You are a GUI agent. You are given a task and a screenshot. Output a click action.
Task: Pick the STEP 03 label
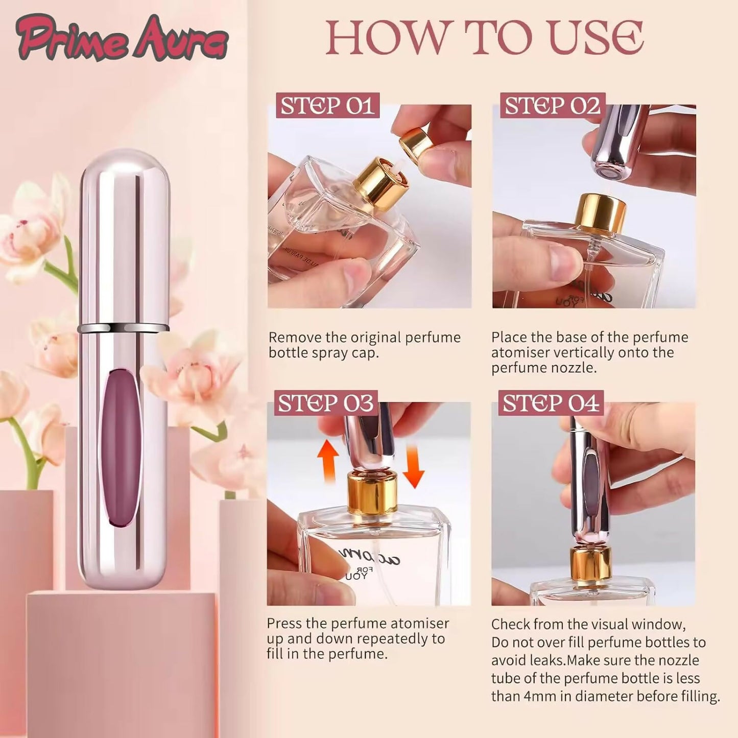pyautogui.click(x=326, y=403)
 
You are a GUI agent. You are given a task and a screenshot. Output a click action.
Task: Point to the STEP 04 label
pyautogui.click(x=551, y=403)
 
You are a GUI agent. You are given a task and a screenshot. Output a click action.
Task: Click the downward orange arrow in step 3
pyautogui.click(x=414, y=466)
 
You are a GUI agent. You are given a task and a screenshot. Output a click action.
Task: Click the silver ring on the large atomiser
pyautogui.click(x=123, y=327)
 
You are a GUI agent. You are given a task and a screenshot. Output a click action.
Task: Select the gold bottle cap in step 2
pyautogui.click(x=602, y=212)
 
